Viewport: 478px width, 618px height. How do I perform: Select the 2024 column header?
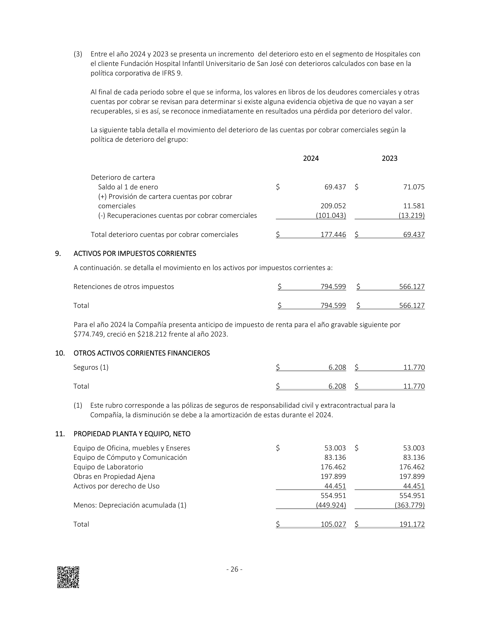311,158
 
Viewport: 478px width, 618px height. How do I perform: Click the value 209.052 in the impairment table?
333,206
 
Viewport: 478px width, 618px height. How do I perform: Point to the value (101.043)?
331,216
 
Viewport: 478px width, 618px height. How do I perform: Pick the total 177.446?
333,235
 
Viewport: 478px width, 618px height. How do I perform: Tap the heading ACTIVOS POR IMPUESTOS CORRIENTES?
135,254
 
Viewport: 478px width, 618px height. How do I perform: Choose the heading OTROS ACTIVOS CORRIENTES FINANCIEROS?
142,353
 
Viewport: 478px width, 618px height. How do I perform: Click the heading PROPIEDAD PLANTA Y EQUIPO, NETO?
132,434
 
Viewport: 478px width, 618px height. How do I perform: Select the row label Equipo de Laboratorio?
108,467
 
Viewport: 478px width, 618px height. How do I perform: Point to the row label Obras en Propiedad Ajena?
114,477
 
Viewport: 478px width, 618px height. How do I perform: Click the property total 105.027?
333,524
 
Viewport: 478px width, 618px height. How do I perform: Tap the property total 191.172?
412,524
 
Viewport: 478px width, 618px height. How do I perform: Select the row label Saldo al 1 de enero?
128,187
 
